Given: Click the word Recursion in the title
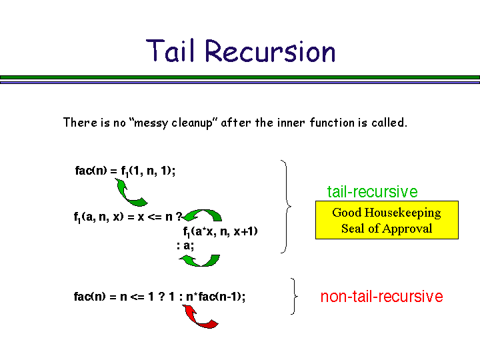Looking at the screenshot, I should coord(270,51).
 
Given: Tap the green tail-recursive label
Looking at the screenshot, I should coord(372,192).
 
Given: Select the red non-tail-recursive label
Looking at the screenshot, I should coord(381,297).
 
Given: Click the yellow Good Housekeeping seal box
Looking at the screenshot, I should coord(387,220).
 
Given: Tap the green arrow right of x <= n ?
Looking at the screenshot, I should coord(203,215).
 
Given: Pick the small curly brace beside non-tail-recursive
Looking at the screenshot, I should coord(294,297).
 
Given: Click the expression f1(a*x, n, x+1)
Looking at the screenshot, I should coord(220,232).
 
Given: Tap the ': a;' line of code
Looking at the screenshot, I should coord(185,245).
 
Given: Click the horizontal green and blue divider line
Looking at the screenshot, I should coord(240,79).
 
